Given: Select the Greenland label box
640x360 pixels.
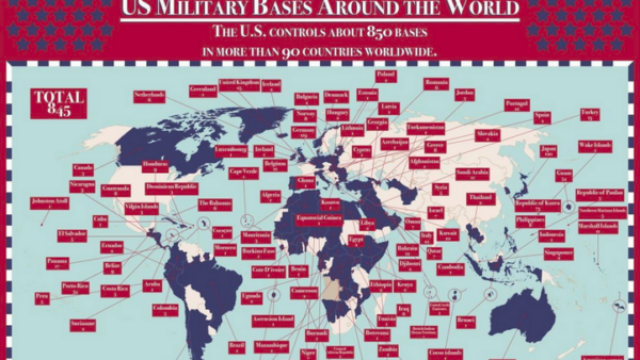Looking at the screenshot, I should (203, 89).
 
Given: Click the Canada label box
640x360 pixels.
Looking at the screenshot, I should (83, 167).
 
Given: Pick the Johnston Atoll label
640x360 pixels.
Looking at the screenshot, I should (50, 203).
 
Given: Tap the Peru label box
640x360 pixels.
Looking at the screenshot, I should (43, 297).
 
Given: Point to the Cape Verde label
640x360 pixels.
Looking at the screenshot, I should (243, 172).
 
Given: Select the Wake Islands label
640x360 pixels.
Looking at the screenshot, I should (594, 146).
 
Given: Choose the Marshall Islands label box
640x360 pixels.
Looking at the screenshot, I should (600, 225).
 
